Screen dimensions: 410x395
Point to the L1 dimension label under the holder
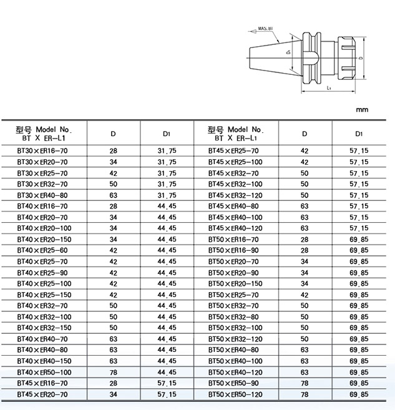[328, 89]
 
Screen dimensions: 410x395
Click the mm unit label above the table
[362, 109]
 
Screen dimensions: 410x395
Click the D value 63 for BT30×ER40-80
[113, 195]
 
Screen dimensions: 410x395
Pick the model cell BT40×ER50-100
[44, 372]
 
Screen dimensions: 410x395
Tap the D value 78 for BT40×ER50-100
[113, 372]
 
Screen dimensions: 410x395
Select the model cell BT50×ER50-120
[234, 394]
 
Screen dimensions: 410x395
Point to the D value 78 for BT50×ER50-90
[305, 383]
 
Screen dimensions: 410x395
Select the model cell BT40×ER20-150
[44, 239]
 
